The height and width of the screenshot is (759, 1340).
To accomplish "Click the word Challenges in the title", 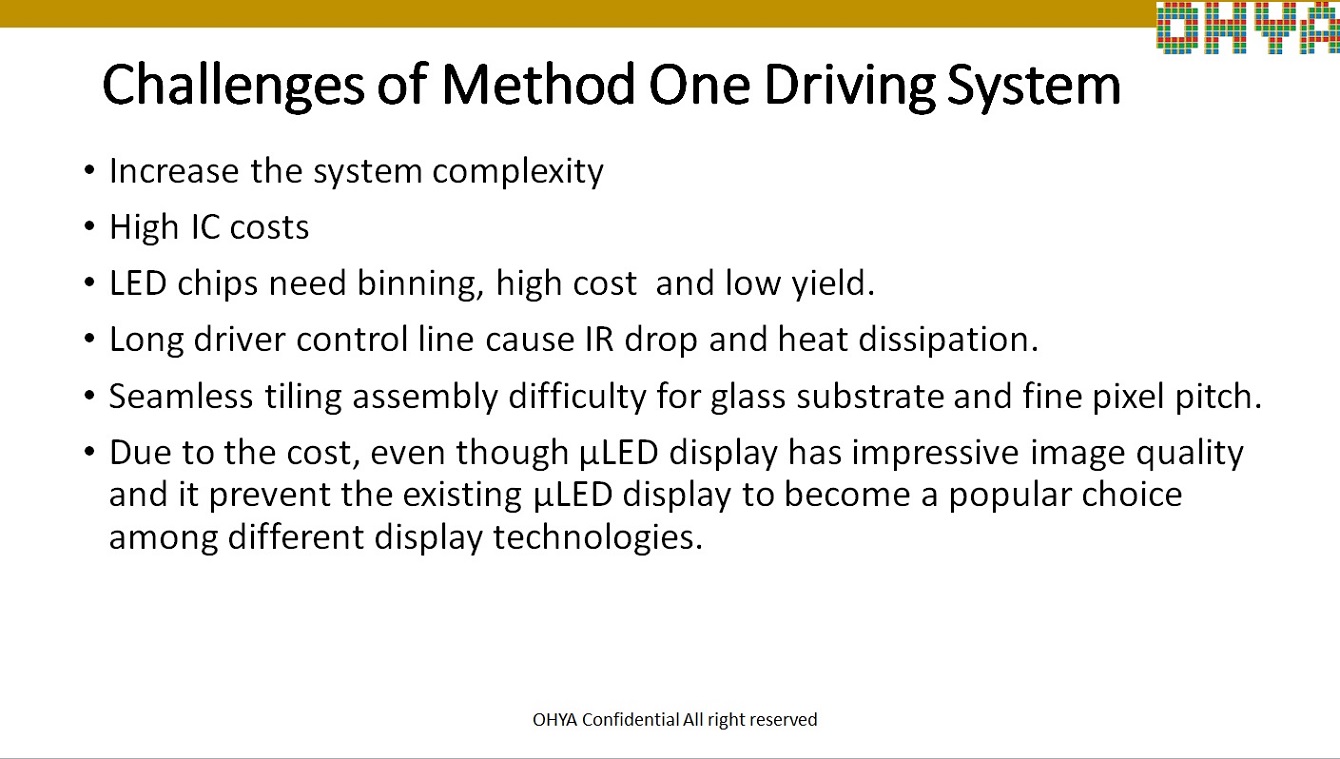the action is click(233, 86).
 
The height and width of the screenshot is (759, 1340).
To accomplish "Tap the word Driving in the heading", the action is click(849, 86).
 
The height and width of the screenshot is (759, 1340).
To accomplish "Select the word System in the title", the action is click(1034, 86).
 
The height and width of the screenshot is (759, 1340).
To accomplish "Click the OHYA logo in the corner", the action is click(1248, 28).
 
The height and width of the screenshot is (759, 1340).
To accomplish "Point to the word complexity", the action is click(518, 172).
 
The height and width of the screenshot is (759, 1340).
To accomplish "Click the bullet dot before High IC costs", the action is click(90, 227).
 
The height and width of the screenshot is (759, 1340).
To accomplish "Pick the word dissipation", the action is click(948, 340).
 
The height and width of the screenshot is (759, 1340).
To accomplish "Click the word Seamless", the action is click(181, 396).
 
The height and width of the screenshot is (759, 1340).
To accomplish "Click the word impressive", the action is click(935, 453).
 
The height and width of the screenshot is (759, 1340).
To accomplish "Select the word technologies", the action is click(598, 538).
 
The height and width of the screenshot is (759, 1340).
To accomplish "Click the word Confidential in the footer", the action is click(631, 720).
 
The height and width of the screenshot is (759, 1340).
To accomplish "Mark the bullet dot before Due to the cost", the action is click(90, 451).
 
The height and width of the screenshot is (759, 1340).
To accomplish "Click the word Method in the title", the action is click(538, 86).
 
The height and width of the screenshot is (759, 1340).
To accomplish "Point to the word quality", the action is click(1190, 454).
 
